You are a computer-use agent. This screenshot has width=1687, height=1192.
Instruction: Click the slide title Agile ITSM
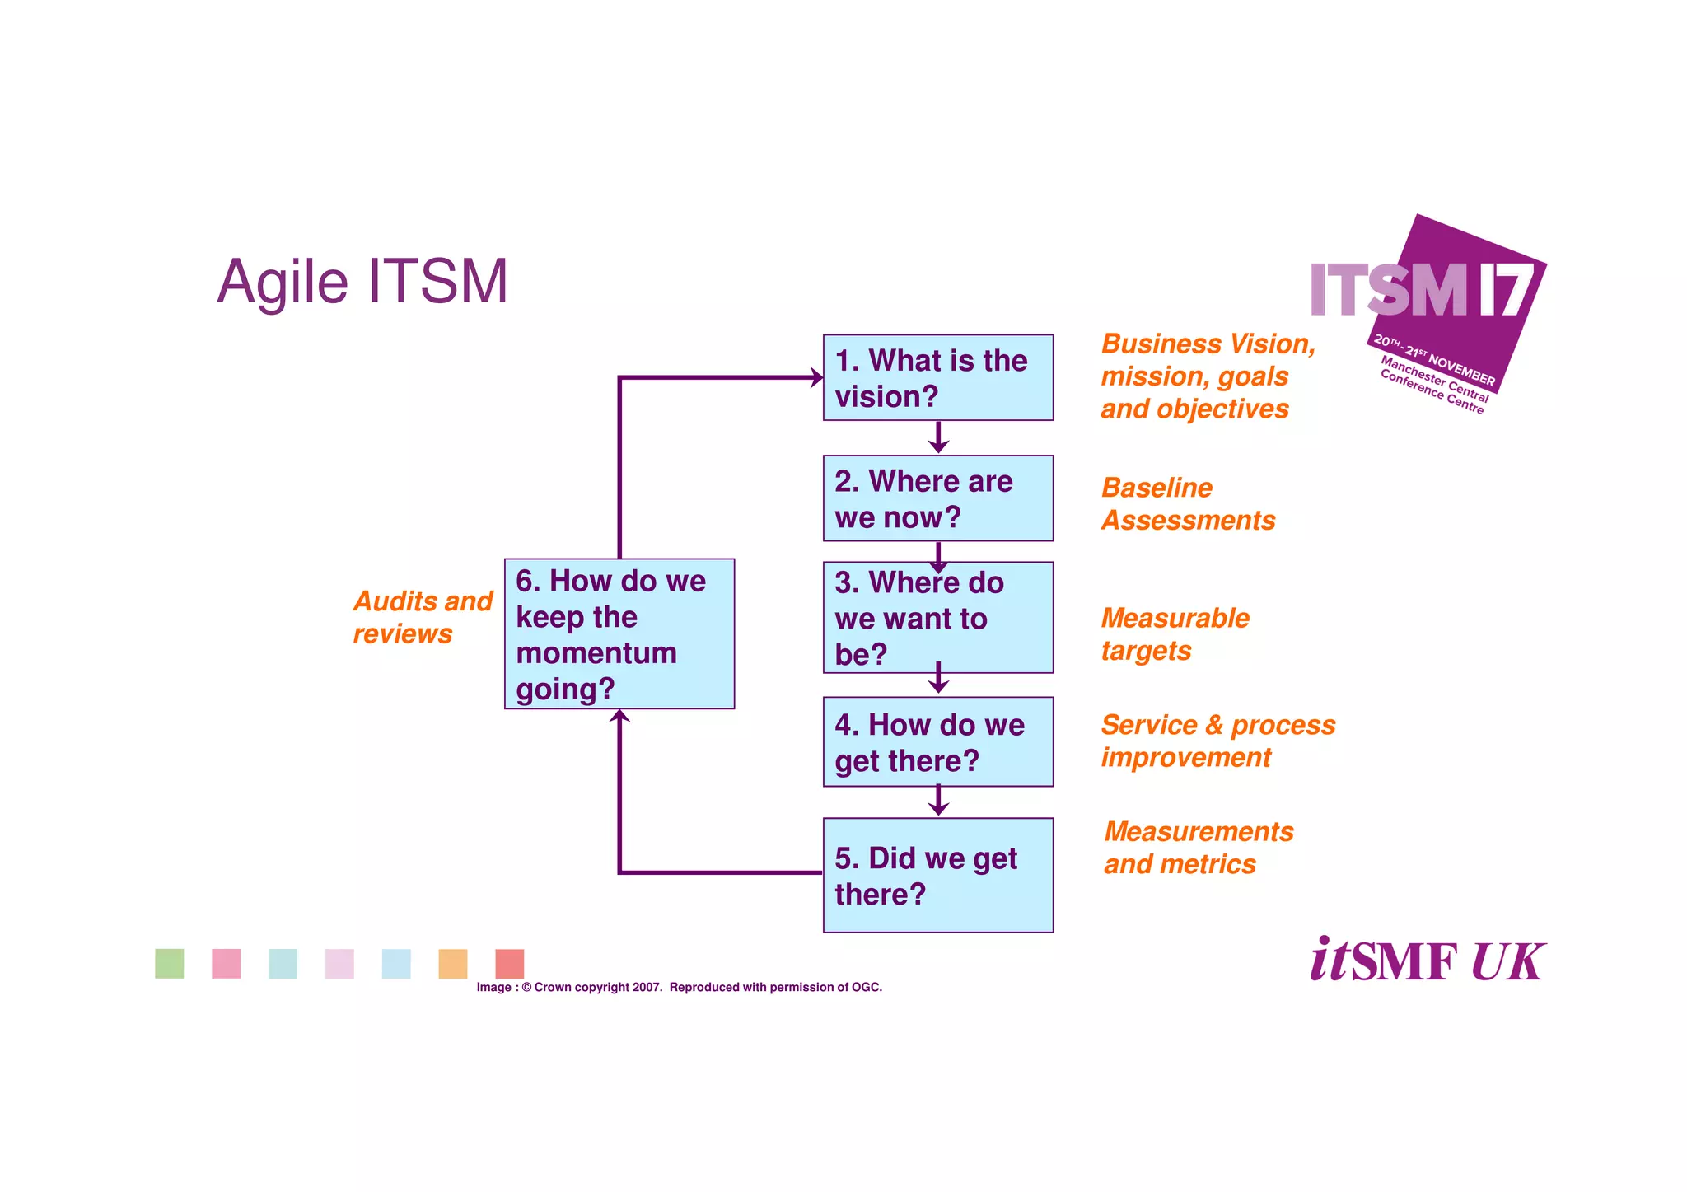click(x=362, y=282)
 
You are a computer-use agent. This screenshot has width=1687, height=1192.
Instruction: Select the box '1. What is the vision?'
click(x=937, y=378)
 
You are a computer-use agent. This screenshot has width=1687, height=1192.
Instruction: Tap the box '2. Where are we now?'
click(x=937, y=498)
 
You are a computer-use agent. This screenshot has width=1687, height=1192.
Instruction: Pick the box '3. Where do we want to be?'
click(x=937, y=618)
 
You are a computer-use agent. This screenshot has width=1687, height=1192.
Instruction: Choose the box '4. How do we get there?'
click(x=937, y=741)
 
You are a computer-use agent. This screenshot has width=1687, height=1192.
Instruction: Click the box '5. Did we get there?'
click(x=937, y=875)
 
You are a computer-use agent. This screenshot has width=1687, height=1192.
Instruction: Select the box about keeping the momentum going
click(x=619, y=633)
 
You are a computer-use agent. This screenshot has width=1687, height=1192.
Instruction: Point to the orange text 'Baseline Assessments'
click(x=1187, y=504)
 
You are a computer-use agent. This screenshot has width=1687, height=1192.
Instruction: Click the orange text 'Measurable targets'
click(x=1175, y=634)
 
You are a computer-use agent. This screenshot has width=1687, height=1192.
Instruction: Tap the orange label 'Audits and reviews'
click(x=422, y=617)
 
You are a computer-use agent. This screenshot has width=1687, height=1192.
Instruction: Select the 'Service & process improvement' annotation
click(x=1217, y=741)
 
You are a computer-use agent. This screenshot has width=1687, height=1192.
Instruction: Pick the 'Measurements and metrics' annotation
click(x=1199, y=848)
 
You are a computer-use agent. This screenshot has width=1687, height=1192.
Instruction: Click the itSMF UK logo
click(x=1427, y=961)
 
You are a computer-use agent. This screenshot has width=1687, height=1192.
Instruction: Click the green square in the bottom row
click(x=170, y=964)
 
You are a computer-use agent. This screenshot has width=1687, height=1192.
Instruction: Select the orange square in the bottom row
click(x=453, y=964)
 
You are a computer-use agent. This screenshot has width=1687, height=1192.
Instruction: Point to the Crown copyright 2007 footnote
click(x=679, y=987)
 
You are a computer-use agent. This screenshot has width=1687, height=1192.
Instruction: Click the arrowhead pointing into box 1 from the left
click(x=815, y=378)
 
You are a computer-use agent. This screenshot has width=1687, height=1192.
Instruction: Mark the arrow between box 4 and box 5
click(x=938, y=802)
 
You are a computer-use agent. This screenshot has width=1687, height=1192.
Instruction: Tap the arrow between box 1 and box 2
click(x=938, y=438)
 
